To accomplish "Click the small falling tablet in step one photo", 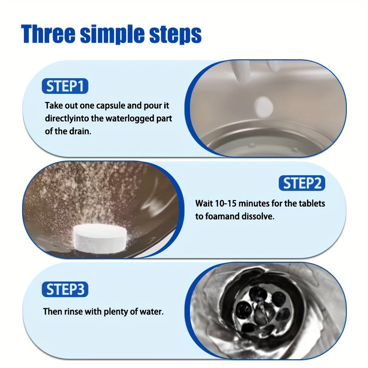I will (264, 107).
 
